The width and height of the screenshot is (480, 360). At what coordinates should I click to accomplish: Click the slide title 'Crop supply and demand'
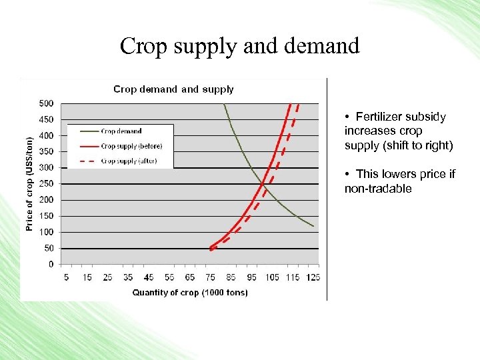tap(240, 46)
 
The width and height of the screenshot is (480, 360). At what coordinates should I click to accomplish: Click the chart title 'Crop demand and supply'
tap(173, 89)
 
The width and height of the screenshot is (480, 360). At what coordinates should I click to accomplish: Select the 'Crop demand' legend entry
tap(121, 131)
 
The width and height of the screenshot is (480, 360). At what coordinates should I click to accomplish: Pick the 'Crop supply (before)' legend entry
tap(131, 146)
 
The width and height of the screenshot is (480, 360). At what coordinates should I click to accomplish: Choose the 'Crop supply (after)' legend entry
tap(129, 161)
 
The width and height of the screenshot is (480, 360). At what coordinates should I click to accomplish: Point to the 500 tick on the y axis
tap(47, 103)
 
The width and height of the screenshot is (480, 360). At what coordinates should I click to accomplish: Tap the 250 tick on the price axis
tap(47, 183)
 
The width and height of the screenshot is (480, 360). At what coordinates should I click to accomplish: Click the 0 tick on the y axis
tap(51, 264)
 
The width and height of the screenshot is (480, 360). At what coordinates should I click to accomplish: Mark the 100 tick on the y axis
tap(47, 232)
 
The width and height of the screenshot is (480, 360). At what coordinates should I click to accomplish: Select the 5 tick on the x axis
tap(66, 277)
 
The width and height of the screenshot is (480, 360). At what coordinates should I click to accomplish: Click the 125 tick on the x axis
tap(313, 277)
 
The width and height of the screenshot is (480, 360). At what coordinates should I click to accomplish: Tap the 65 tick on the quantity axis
tap(189, 277)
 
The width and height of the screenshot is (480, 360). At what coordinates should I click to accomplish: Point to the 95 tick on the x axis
tap(251, 277)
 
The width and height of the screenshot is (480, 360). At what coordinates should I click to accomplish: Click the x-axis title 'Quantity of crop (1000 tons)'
tap(190, 292)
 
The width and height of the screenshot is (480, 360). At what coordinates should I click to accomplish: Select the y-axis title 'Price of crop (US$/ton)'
tap(29, 184)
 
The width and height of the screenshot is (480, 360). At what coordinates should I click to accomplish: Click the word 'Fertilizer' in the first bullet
tap(381, 117)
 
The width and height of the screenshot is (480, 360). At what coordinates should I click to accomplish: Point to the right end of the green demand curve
tap(313, 226)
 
